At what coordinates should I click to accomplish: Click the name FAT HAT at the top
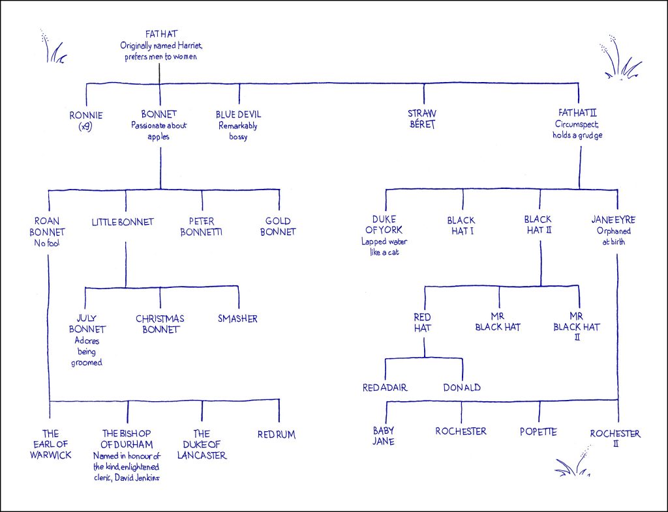coord(159,33)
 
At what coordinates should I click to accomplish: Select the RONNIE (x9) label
coord(85,121)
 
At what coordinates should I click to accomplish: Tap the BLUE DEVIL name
coord(238,115)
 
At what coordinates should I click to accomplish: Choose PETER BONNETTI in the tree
coord(202,226)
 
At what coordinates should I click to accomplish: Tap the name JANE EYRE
coord(616,220)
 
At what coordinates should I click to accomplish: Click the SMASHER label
coord(237,319)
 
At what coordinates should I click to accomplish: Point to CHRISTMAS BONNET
coord(160,324)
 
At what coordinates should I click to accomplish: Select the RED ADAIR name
coord(385,388)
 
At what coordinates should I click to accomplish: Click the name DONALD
coord(462,388)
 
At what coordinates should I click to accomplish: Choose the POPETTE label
coord(539,431)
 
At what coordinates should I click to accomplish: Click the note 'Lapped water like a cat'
coord(386,246)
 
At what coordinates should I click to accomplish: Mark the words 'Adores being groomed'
coord(87,351)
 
